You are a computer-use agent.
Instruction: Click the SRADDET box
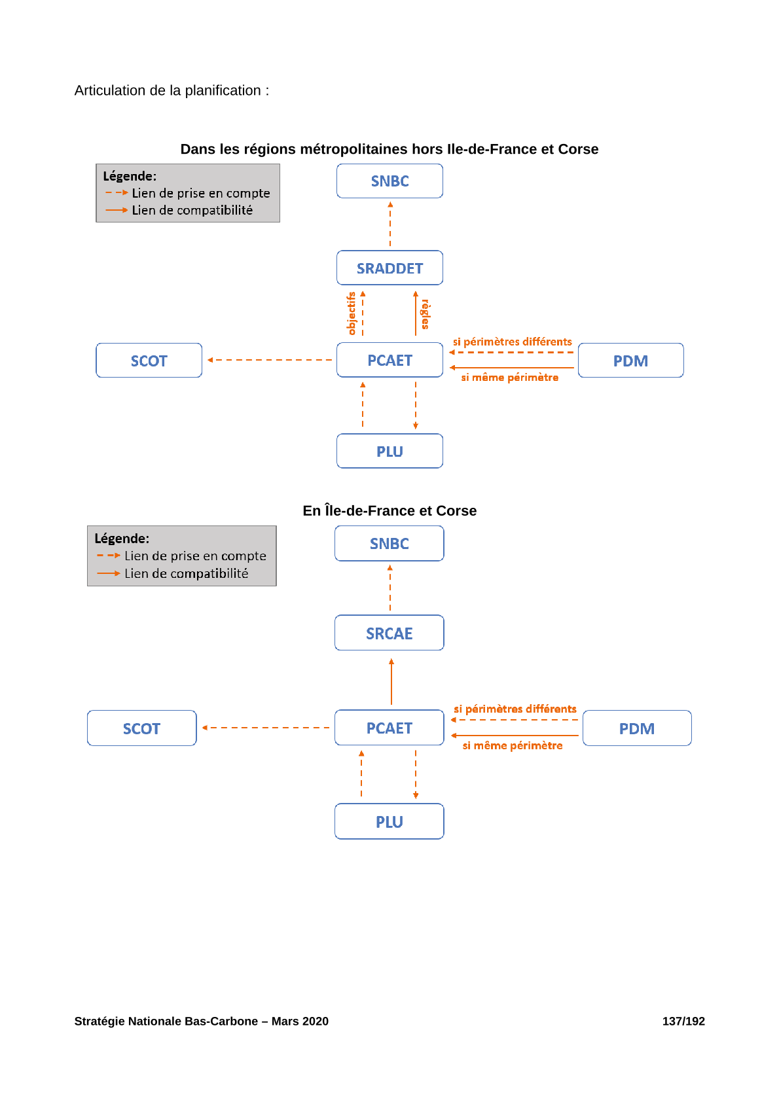(389, 268)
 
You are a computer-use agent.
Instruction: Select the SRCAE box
(389, 633)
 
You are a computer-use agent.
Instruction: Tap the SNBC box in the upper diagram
(389, 181)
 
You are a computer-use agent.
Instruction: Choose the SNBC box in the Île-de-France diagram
(389, 543)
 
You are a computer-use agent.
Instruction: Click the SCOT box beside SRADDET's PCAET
(149, 360)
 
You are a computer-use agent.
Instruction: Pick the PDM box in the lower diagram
(637, 728)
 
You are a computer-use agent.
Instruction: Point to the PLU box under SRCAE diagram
(389, 821)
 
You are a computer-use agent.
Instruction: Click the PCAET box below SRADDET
(389, 360)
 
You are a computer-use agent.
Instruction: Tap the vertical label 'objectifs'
(352, 313)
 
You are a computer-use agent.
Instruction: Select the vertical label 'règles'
(426, 314)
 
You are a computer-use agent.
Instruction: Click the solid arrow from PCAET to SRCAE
(391, 682)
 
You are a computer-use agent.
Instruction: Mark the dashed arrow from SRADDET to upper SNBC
(390, 224)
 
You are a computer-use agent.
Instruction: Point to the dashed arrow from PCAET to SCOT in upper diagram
(270, 360)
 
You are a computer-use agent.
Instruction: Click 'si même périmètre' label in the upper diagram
(509, 378)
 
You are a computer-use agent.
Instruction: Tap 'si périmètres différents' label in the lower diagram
(515, 709)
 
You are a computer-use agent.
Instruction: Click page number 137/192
(683, 1022)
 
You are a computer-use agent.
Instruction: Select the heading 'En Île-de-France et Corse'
(389, 510)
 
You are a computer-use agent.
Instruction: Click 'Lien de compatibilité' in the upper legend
(192, 210)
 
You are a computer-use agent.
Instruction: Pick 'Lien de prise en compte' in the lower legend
(195, 556)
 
